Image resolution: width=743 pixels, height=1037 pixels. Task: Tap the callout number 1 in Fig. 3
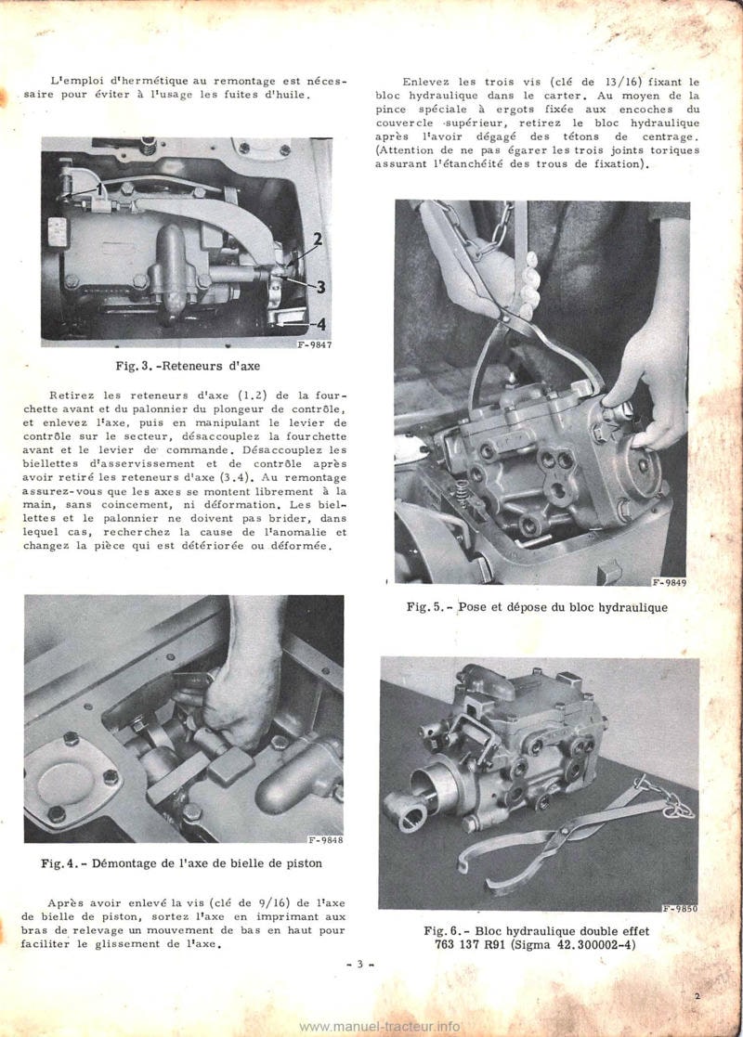click(x=97, y=189)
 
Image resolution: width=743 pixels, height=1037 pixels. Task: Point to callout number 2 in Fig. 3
click(x=317, y=240)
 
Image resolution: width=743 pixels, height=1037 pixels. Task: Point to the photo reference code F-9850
click(x=679, y=909)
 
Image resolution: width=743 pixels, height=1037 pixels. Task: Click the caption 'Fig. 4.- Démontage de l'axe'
click(x=182, y=865)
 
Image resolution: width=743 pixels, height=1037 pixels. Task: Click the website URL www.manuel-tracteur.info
click(x=381, y=1026)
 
